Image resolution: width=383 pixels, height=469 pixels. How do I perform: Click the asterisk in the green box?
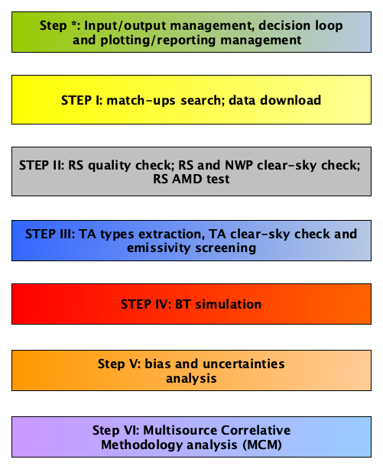tap(74, 23)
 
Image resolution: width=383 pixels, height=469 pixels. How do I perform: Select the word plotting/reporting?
tap(158, 40)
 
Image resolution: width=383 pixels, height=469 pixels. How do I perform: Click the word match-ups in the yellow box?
tap(141, 101)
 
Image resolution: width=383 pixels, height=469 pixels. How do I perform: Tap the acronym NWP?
tap(239, 165)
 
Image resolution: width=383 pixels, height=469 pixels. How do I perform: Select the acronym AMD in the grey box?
tap(187, 180)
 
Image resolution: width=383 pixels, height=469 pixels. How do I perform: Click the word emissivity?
tap(159, 248)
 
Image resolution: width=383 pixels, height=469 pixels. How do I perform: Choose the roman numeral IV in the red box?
tap(161, 305)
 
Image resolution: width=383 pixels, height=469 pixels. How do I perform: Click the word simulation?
tap(228, 305)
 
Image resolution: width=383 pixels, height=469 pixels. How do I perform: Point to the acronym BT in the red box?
tap(183, 305)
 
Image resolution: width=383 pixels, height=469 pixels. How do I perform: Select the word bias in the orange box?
tap(158, 364)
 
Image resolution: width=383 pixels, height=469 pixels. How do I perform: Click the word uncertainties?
tap(244, 364)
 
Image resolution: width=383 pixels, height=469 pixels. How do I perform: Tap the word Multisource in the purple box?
tap(180, 430)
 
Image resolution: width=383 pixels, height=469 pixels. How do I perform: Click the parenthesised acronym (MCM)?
tap(262, 445)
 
